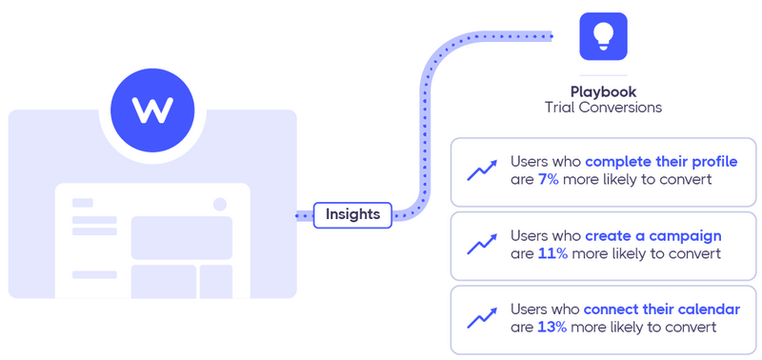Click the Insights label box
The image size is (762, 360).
352,215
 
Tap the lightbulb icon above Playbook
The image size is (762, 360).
603,37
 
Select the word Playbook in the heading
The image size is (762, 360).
603,91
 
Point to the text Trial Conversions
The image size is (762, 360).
603,108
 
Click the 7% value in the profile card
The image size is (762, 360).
549,179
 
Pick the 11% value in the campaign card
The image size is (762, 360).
551,253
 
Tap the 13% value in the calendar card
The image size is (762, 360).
551,327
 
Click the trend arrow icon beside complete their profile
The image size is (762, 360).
482,171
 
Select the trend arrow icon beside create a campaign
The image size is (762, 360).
482,245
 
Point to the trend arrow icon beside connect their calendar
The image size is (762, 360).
482,318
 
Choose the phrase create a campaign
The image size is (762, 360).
652,235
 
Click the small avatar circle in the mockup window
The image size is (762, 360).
220,204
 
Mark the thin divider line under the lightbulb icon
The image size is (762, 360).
603,75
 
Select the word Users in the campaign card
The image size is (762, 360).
531,235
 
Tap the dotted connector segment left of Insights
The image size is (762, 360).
304,216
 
